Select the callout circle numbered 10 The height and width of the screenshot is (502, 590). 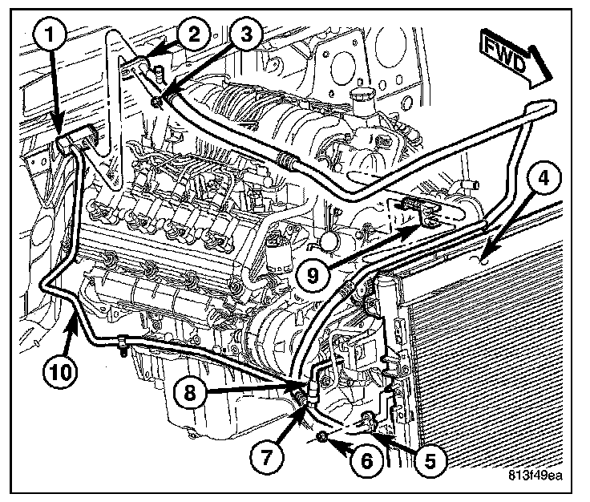(53, 372)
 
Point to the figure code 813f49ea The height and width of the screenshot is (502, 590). (535, 474)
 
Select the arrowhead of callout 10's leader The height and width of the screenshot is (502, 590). (76, 316)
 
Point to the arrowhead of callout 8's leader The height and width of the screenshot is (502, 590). (299, 387)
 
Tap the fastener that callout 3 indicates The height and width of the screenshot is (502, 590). (156, 99)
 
